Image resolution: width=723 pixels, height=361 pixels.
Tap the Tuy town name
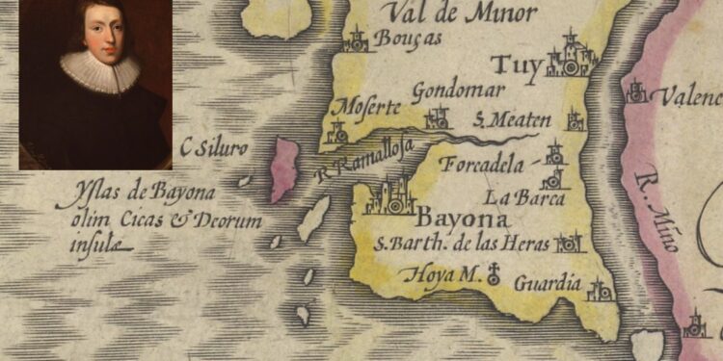(516, 66)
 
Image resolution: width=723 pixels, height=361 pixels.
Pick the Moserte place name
(361, 105)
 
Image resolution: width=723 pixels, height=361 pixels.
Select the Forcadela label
(484, 164)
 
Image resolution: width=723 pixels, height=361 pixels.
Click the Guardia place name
(548, 283)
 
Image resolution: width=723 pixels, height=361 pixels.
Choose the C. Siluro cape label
(214, 148)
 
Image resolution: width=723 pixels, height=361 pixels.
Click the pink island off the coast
(284, 168)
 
